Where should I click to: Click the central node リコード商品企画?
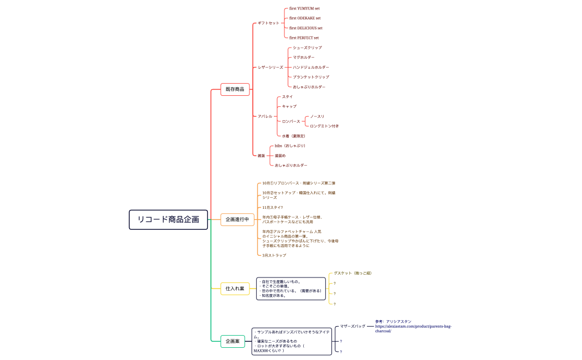tap(169, 219)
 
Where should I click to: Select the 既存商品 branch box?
tap(235, 89)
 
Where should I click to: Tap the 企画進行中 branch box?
tap(237, 219)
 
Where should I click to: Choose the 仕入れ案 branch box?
tap(235, 289)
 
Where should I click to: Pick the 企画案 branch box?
tap(233, 341)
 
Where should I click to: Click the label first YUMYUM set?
tap(304, 8)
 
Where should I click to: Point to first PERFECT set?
tap(304, 38)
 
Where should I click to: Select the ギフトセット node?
tap(268, 23)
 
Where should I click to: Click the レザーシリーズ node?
tap(270, 67)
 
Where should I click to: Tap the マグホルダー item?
tap(304, 57)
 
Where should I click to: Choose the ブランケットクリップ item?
tap(311, 77)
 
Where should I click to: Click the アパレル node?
tap(265, 116)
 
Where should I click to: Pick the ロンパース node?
tap(290, 121)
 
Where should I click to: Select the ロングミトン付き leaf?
tap(324, 126)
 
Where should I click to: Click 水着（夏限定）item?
tap(294, 136)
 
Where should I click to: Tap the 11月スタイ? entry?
tap(272, 207)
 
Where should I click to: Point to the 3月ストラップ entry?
tap(274, 255)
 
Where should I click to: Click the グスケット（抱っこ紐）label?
tap(353, 273)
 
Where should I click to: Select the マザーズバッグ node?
tap(353, 326)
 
